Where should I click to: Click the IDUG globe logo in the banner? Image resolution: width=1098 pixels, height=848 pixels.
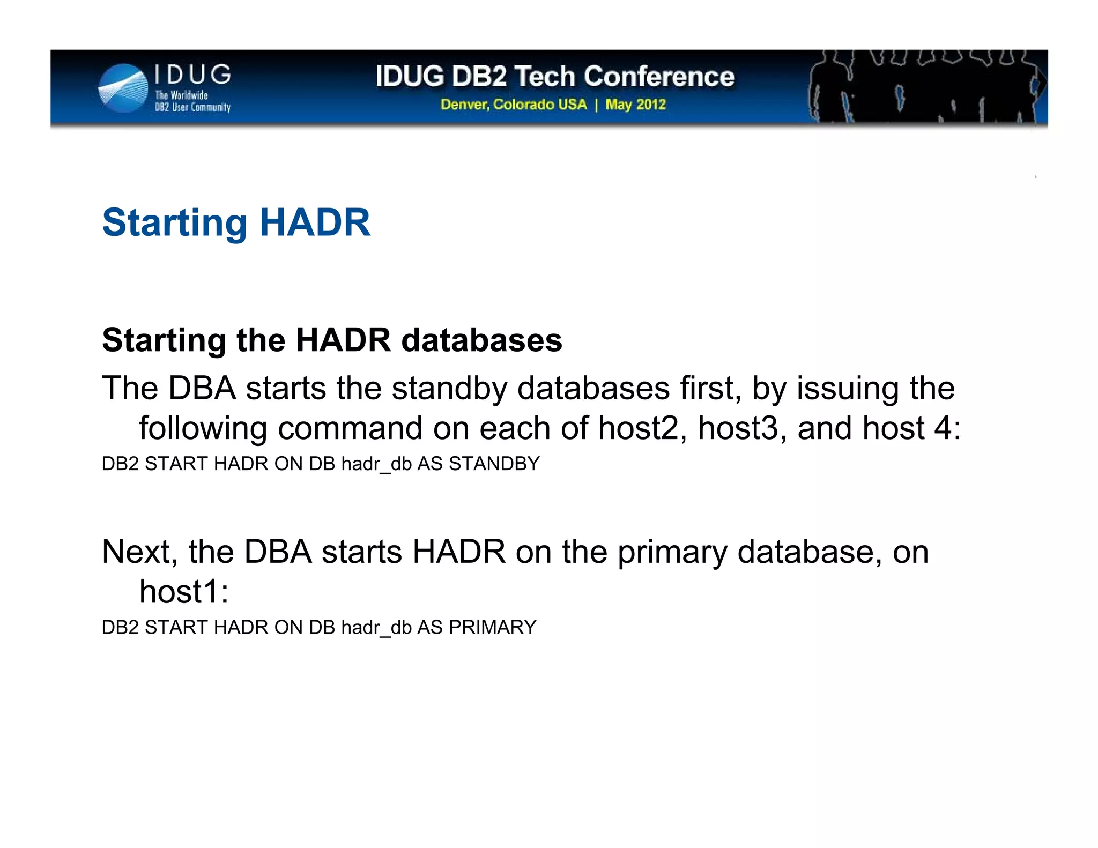pyautogui.click(x=123, y=88)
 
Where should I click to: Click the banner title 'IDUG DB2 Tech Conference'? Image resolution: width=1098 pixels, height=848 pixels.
pyautogui.click(x=555, y=76)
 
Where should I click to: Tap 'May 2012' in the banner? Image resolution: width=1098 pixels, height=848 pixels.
pyautogui.click(x=635, y=104)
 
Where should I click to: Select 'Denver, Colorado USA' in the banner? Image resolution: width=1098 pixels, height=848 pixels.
pyautogui.click(x=514, y=104)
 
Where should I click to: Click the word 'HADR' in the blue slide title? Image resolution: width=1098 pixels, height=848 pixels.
pyautogui.click(x=315, y=222)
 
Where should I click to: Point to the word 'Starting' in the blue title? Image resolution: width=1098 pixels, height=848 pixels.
pyautogui.click(x=175, y=222)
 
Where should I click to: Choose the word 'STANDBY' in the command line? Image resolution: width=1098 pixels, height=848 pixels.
pyautogui.click(x=494, y=464)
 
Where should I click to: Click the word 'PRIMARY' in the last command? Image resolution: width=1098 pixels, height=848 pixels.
pyautogui.click(x=492, y=627)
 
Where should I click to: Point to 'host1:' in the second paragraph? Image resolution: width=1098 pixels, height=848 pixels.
pyautogui.click(x=184, y=592)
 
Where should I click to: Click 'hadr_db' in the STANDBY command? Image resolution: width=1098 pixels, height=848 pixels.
pyautogui.click(x=376, y=464)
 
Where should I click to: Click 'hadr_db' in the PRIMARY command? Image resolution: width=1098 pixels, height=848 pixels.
pyautogui.click(x=376, y=628)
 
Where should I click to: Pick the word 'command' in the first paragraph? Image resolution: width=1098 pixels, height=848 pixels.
pyautogui.click(x=350, y=428)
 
